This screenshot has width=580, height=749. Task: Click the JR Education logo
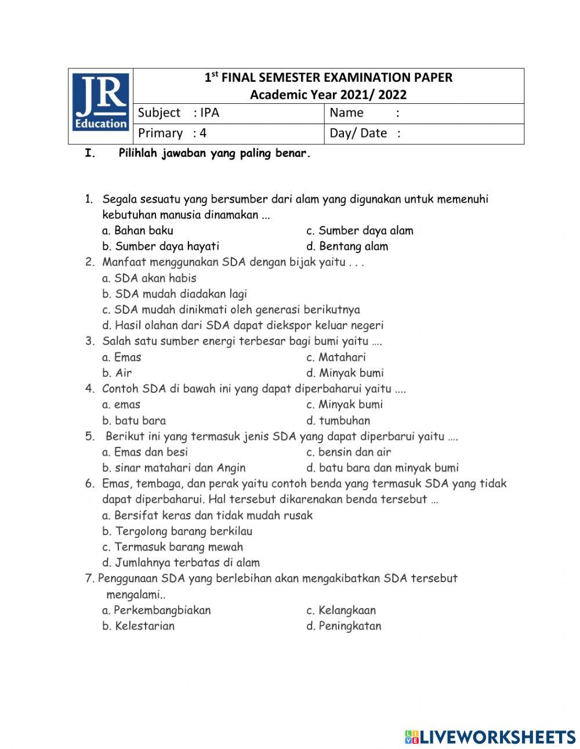click(101, 106)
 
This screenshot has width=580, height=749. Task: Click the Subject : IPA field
click(229, 113)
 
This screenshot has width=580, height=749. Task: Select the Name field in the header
click(423, 113)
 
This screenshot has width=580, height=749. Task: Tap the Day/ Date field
click(423, 133)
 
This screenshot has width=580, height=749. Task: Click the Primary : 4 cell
click(229, 133)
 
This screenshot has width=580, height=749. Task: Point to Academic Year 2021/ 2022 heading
click(328, 95)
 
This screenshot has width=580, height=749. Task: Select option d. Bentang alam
click(347, 247)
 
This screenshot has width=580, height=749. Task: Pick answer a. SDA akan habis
click(149, 278)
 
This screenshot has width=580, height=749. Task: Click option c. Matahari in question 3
click(336, 357)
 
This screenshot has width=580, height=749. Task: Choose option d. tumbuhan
click(338, 421)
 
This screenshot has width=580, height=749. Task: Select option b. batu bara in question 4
click(134, 421)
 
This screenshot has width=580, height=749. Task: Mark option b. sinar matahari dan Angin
click(174, 468)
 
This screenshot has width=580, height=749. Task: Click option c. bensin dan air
click(349, 452)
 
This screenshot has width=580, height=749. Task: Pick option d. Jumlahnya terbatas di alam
click(181, 562)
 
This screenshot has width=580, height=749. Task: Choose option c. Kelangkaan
click(341, 610)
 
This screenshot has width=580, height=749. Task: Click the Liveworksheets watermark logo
click(490, 737)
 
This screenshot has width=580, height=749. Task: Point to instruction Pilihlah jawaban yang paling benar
click(215, 154)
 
